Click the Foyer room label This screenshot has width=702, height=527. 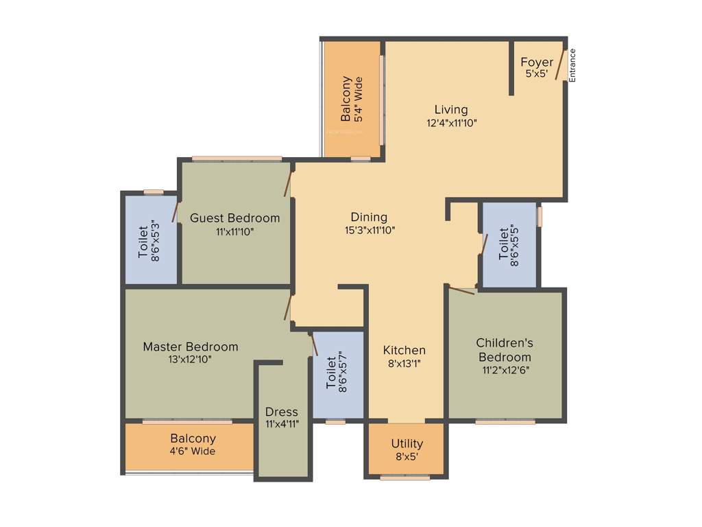pyautogui.click(x=536, y=62)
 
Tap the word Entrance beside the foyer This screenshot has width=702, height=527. pyautogui.click(x=572, y=65)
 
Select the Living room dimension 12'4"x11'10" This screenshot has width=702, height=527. pyautogui.click(x=451, y=124)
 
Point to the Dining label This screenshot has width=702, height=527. pyautogui.click(x=369, y=218)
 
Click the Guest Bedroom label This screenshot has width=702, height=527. pyautogui.click(x=234, y=218)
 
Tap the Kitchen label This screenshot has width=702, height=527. pyautogui.click(x=404, y=351)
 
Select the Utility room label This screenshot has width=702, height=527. pyautogui.click(x=407, y=443)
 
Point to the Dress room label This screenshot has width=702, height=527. pyautogui.click(x=282, y=412)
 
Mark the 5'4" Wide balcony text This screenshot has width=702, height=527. pyautogui.click(x=359, y=99)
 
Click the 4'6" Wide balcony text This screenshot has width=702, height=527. pyautogui.click(x=193, y=452)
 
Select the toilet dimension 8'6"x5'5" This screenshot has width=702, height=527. pyautogui.click(x=515, y=244)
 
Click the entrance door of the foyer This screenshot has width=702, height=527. pyautogui.click(x=561, y=65)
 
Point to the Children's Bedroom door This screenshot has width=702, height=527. pyautogui.click(x=460, y=290)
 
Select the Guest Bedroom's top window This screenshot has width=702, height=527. pyautogui.click(x=237, y=159)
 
